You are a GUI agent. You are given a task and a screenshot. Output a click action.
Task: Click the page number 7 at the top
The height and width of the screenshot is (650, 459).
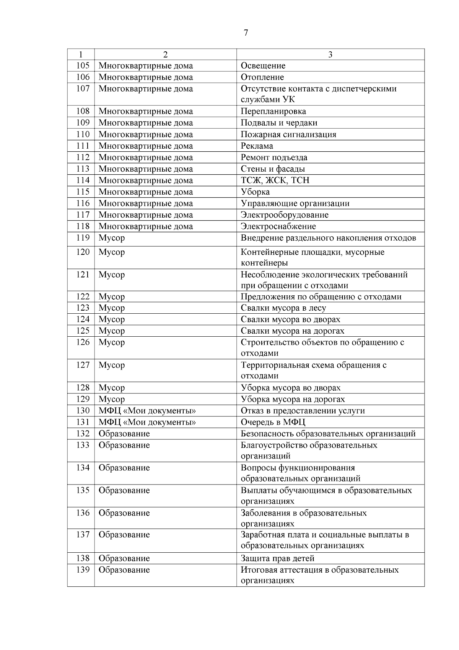coord(246,33)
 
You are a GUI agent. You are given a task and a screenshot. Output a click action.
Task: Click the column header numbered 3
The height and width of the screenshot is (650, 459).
coord(330,54)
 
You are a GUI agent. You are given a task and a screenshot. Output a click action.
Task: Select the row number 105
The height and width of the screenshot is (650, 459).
coord(83,65)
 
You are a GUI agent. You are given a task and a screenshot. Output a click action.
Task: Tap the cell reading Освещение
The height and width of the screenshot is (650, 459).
coord(263,66)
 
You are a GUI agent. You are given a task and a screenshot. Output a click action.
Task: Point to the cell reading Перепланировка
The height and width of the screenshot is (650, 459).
coord(273,111)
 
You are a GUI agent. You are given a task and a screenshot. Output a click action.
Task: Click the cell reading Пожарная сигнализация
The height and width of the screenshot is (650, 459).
coord(288,134)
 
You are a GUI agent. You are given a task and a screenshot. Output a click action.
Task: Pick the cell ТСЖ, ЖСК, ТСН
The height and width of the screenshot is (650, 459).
coord(275,180)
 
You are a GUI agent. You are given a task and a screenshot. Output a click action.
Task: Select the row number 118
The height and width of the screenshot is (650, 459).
coord(83,226)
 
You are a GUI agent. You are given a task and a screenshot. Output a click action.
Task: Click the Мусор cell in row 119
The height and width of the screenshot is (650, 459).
coord(112,238)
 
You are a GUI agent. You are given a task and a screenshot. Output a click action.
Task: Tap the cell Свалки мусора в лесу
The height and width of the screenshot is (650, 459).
coord(283,308)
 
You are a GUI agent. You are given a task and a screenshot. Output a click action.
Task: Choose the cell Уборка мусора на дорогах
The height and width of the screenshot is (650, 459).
coord(293,399)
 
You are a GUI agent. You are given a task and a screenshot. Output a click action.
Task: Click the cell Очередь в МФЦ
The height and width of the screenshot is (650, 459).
coord(273,422)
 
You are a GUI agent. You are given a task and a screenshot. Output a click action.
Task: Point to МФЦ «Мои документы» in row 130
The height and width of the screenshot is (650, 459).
coord(147,411)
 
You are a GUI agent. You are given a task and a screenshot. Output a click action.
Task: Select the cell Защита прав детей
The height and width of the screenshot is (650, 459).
coord(277,558)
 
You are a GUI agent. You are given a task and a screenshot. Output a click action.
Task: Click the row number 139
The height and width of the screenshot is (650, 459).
coord(83,570)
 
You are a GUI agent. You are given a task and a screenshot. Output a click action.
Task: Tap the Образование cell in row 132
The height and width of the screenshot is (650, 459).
coord(124,434)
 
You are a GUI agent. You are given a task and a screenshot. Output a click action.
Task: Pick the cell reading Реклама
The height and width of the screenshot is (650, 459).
coord(257,146)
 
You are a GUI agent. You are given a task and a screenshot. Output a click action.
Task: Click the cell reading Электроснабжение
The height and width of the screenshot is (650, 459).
coord(278,226)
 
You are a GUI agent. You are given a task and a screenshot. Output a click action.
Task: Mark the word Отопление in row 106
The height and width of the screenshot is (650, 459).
coord(262,77)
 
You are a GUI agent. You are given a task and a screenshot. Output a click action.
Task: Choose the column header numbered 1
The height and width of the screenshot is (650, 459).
coord(81,54)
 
